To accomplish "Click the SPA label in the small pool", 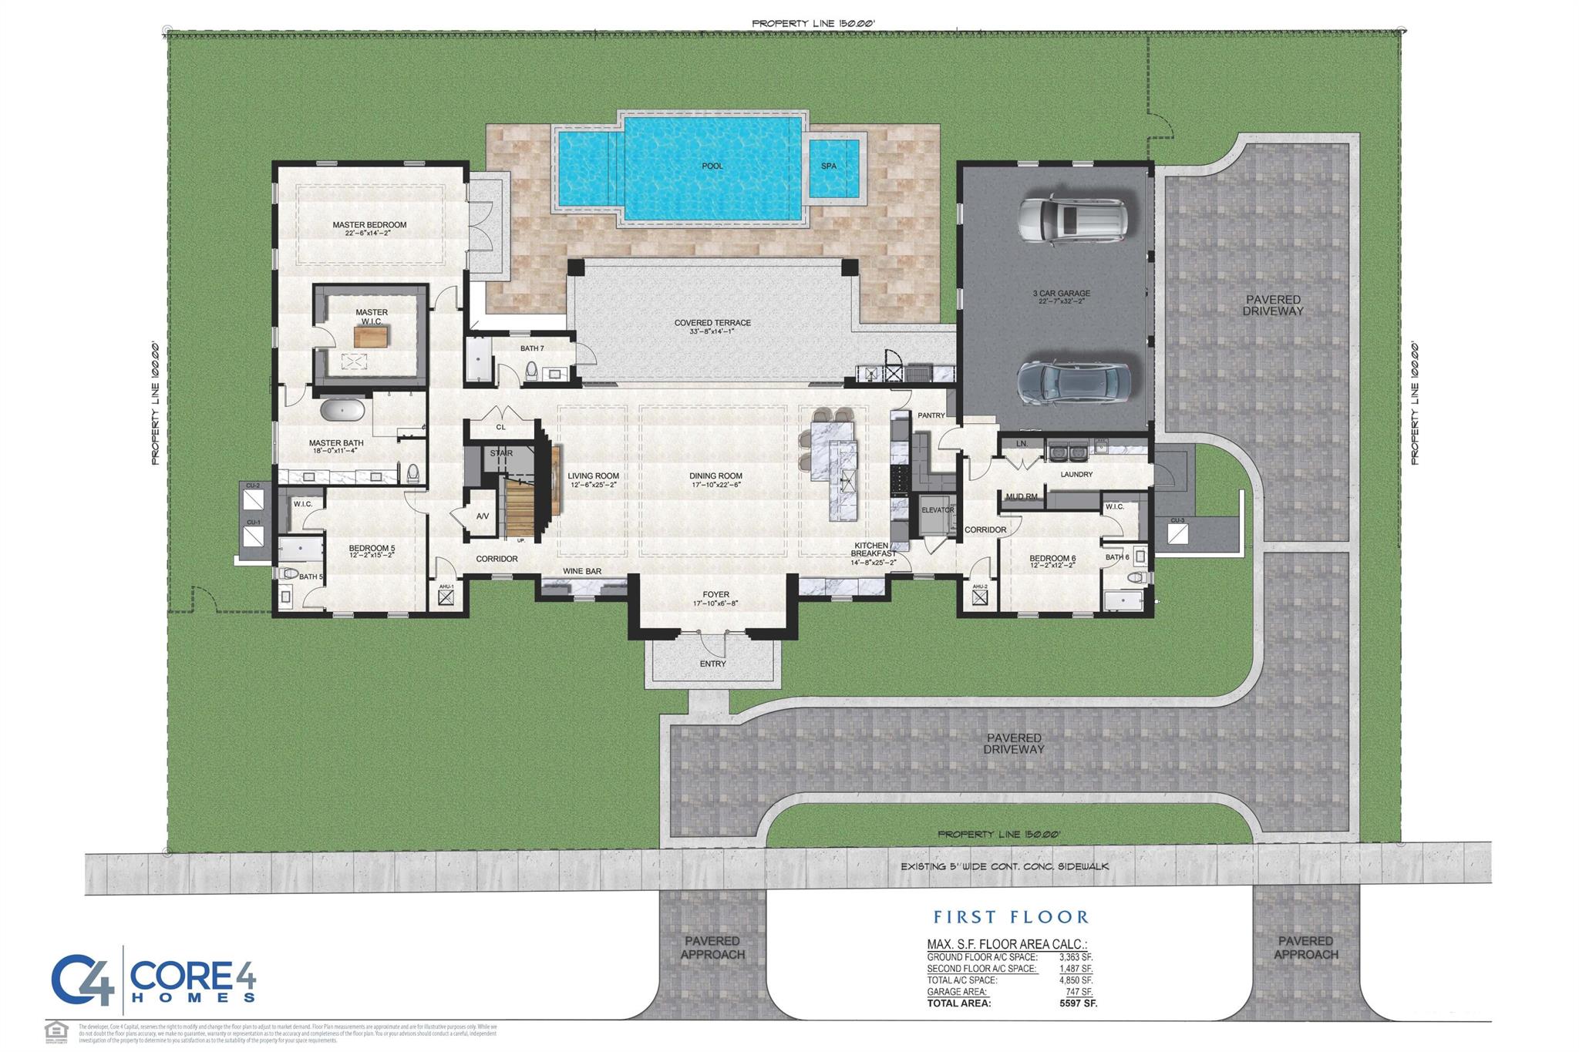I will click(x=828, y=166).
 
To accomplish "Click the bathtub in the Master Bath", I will click(x=342, y=409).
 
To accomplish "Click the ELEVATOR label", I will click(x=938, y=509).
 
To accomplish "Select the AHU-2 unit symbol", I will click(x=979, y=598).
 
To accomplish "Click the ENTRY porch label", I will click(x=712, y=664).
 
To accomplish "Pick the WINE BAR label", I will click(x=581, y=571).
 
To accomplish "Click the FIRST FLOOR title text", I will click(x=1011, y=917).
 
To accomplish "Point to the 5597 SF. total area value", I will click(x=1078, y=1003).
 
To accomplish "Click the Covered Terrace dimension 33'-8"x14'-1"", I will click(x=712, y=332).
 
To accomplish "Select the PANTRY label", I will click(x=931, y=415).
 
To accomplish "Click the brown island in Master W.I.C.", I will click(x=372, y=336).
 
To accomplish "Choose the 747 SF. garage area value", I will click(x=1078, y=992).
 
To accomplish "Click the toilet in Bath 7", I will click(x=531, y=373).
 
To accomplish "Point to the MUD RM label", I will click(x=1021, y=497).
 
